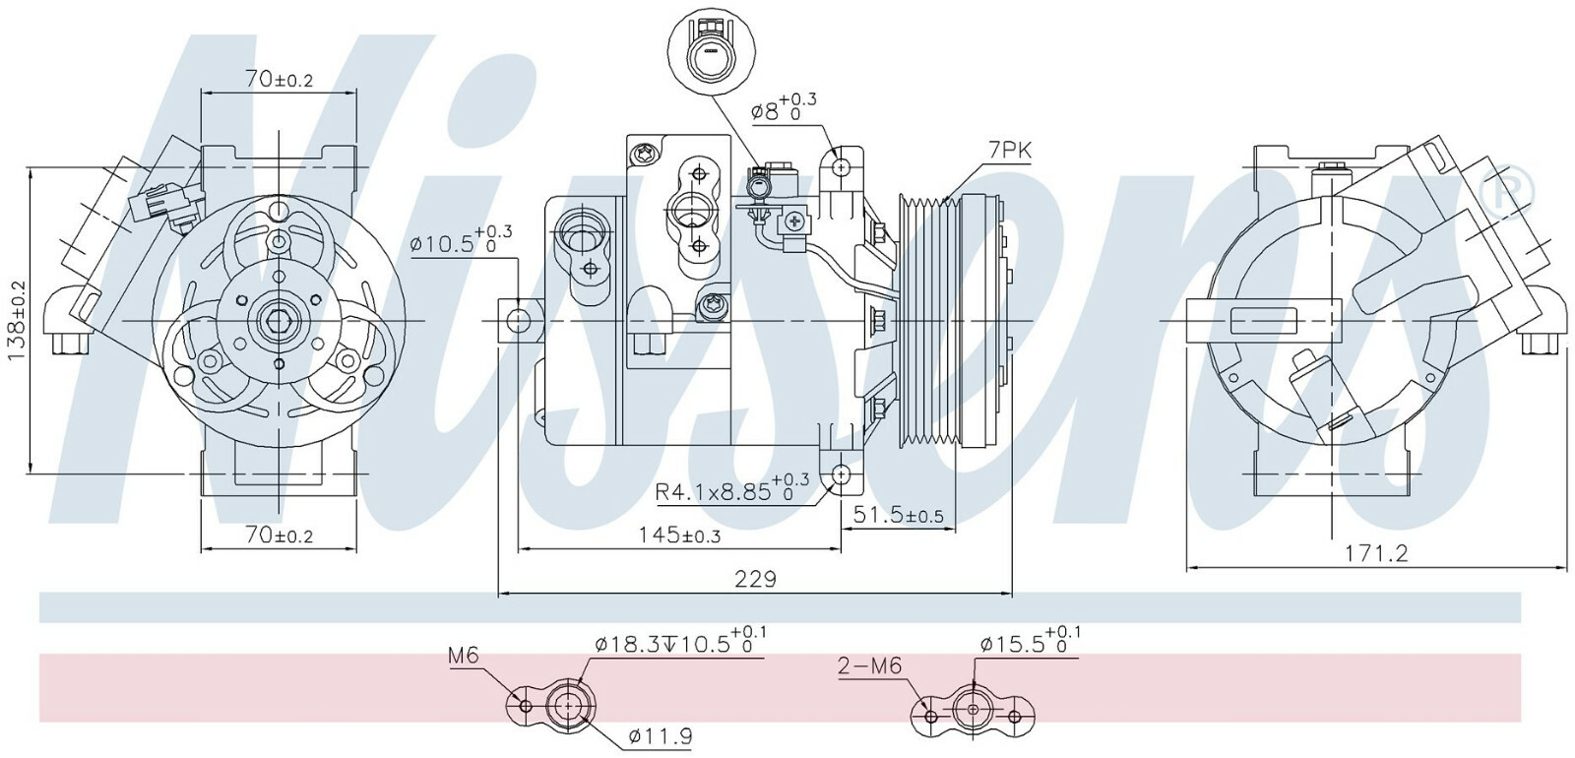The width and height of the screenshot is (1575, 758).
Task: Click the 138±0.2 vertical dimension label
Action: (16, 321)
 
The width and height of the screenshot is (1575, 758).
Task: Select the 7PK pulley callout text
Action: (1010, 150)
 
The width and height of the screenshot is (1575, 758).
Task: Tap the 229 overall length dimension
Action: (755, 579)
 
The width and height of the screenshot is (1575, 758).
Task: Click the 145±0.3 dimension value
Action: (679, 536)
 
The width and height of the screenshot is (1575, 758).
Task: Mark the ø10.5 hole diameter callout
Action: (462, 240)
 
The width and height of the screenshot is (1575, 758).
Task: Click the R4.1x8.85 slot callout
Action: (732, 486)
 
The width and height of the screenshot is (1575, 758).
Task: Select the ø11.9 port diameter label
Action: (661, 736)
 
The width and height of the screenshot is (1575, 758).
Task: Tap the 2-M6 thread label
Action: (869, 665)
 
